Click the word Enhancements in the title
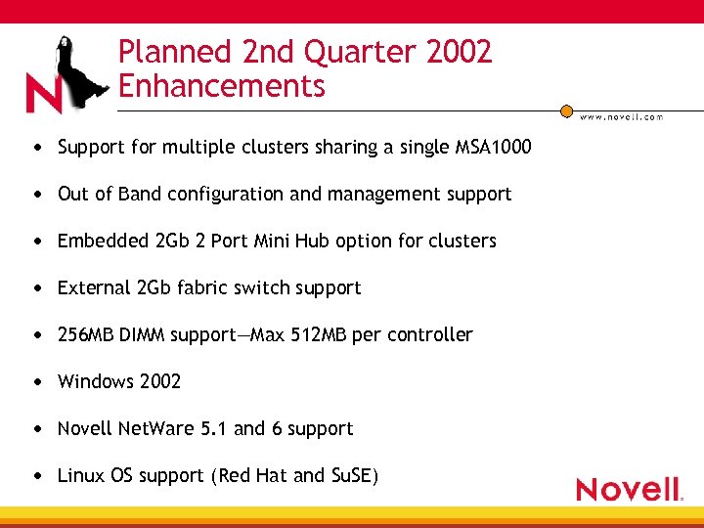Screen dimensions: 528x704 [x=221, y=86]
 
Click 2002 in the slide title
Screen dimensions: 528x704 [x=459, y=52]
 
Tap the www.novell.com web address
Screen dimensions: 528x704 [x=622, y=117]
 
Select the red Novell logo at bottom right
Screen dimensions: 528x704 [x=629, y=489]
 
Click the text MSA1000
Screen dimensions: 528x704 [x=494, y=148]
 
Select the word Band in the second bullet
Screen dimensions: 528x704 [x=140, y=195]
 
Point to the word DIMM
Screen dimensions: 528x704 [x=142, y=334]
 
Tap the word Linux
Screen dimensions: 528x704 [x=80, y=475]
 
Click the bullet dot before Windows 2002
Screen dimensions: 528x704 [x=36, y=382]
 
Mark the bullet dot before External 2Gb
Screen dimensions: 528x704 [x=36, y=288]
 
